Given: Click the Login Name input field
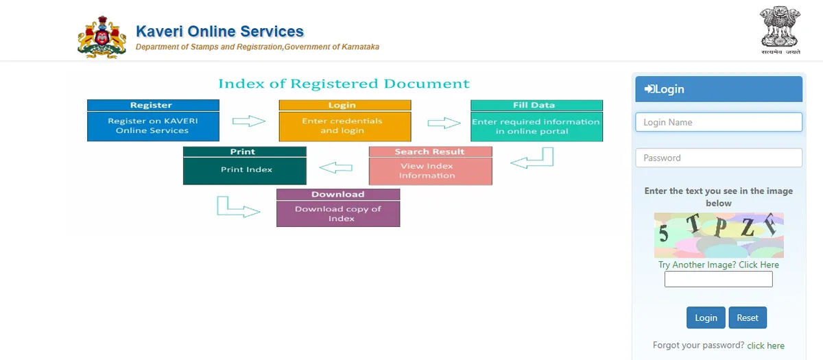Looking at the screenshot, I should click(718, 122).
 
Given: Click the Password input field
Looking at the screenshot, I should click(718, 158).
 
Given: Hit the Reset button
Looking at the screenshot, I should click(748, 317).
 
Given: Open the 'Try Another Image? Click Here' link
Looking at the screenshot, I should click(719, 265).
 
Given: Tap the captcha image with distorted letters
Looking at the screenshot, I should click(719, 235).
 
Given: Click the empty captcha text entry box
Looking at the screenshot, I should click(718, 279).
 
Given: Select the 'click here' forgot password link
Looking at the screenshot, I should click(765, 346).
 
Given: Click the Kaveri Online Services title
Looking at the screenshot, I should click(219, 32).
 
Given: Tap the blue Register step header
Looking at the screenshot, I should click(153, 106).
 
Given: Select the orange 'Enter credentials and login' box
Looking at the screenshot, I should click(344, 126).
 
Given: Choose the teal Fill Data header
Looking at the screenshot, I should click(536, 106).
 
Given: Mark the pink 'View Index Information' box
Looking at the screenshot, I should click(430, 171).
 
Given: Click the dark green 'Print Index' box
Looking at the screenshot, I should click(245, 169).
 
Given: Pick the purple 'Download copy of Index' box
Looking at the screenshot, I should click(337, 213).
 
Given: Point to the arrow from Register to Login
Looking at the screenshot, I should click(248, 121).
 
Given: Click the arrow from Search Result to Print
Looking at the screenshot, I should click(336, 167).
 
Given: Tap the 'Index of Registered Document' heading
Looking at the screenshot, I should click(344, 84).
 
